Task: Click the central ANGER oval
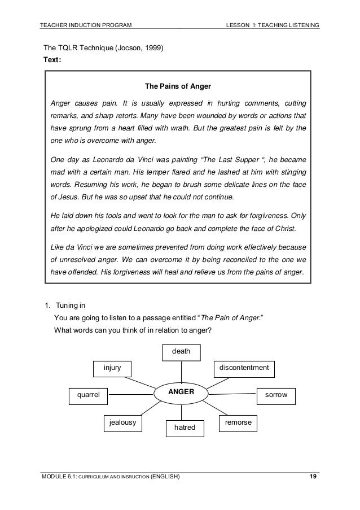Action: pyautogui.click(x=181, y=392)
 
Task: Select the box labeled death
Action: pyautogui.click(x=181, y=352)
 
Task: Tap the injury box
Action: pyautogui.click(x=112, y=368)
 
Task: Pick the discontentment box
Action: pyautogui.click(x=244, y=368)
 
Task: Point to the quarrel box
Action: pyautogui.click(x=87, y=396)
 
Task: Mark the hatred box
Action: pyautogui.click(x=184, y=428)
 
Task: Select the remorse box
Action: pyautogui.click(x=238, y=422)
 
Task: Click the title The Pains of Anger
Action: pyautogui.click(x=178, y=87)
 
